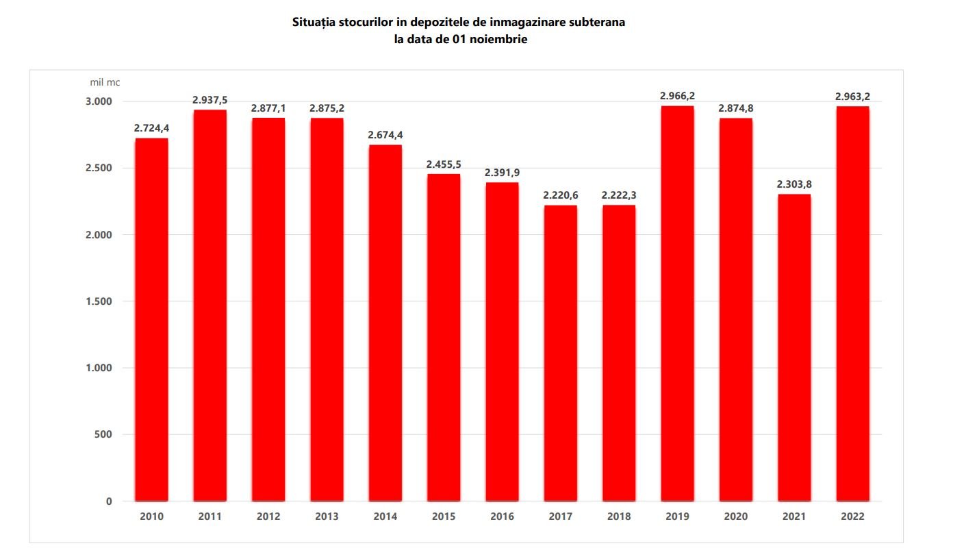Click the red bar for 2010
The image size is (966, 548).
click(151, 320)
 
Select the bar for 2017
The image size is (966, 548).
click(561, 353)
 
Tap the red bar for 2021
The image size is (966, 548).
click(794, 348)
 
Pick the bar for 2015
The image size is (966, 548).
click(444, 338)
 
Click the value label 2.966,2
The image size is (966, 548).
click(677, 96)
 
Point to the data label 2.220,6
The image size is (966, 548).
click(561, 195)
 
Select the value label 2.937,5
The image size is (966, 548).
click(209, 100)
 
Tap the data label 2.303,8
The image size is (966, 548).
click(794, 184)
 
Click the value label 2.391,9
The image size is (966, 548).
click(502, 173)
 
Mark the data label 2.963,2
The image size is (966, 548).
click(852, 97)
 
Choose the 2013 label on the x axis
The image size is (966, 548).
click(327, 516)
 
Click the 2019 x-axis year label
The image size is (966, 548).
click(677, 516)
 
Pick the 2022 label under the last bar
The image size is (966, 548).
click(852, 516)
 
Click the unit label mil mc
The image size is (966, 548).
click(105, 82)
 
